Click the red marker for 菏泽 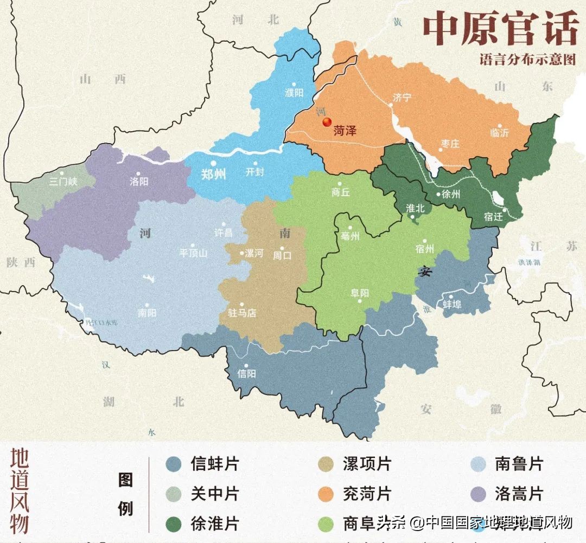(x=327, y=122)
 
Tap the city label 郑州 (x=213, y=174)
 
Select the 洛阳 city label (x=139, y=182)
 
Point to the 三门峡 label (x=63, y=182)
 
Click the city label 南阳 (x=147, y=313)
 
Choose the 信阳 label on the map (x=247, y=373)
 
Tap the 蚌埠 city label (x=452, y=304)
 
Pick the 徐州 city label (x=451, y=194)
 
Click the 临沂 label (x=499, y=133)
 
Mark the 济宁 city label (x=402, y=98)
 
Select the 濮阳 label (x=294, y=93)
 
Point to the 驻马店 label (x=242, y=313)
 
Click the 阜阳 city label (x=360, y=293)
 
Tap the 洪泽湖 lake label (x=530, y=262)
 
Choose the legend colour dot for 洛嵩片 (x=478, y=494)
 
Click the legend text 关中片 (x=214, y=494)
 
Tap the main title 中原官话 (x=500, y=30)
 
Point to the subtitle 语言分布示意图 (x=527, y=60)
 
